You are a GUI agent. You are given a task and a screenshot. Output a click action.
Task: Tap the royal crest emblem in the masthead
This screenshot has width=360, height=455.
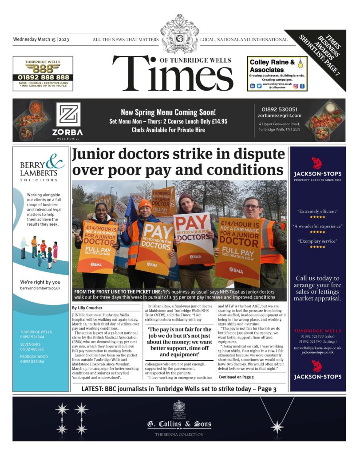coord(179,34)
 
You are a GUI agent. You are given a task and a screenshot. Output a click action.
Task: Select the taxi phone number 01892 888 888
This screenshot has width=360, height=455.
coord(43,77)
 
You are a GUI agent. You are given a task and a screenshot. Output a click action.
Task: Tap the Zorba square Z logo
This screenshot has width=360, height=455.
coord(68,115)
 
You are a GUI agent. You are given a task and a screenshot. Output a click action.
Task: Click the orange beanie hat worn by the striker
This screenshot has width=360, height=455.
coord(145,204)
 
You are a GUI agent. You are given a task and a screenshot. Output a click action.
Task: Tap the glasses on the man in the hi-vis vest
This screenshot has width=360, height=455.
coord(252,207)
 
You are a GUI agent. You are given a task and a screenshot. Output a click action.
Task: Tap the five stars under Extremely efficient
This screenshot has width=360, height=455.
coord(317,217)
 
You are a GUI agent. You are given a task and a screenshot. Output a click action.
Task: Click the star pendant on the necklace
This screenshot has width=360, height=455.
coord(277,427)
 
